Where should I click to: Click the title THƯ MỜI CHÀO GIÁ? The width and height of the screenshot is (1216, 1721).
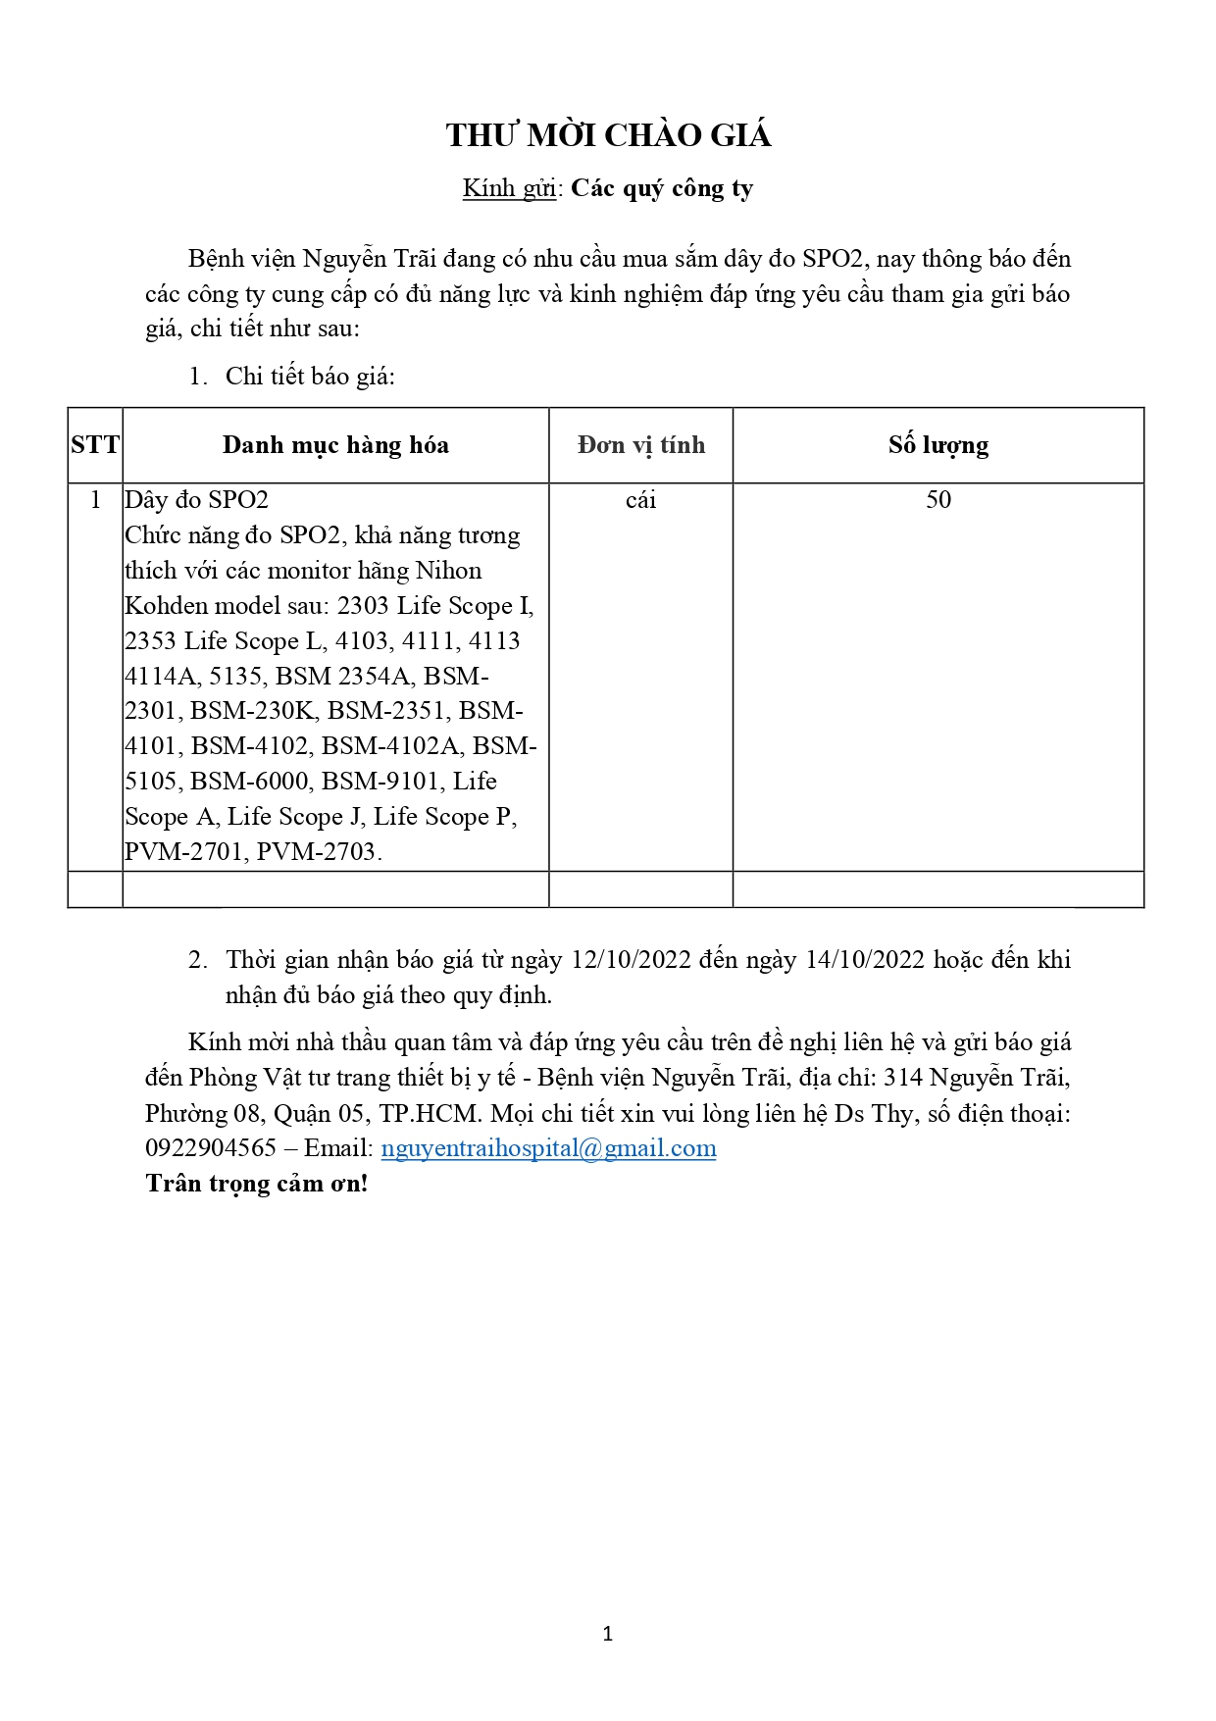(608, 135)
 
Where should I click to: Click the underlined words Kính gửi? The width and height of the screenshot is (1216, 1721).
(509, 188)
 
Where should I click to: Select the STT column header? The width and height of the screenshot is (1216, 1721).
(95, 445)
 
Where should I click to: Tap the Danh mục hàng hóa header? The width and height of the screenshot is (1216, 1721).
(335, 445)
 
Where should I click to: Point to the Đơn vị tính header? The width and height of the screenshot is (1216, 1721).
(641, 445)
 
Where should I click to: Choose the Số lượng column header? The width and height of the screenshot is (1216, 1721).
(938, 445)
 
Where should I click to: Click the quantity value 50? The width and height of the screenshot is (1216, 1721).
(938, 500)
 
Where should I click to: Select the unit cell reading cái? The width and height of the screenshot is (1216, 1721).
(640, 500)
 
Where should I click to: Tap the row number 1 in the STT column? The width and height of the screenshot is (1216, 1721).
(95, 500)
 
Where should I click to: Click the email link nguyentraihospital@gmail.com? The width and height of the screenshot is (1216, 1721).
(548, 1148)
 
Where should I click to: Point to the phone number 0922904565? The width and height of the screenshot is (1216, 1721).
(211, 1148)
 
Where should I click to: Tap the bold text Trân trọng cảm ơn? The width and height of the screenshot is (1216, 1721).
(257, 1184)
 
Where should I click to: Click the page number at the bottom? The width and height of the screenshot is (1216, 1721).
(608, 1634)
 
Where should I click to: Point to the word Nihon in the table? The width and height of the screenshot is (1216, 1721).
(449, 571)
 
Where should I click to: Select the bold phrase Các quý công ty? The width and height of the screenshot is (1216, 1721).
(662, 188)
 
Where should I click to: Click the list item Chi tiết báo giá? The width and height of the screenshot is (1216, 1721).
(310, 377)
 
